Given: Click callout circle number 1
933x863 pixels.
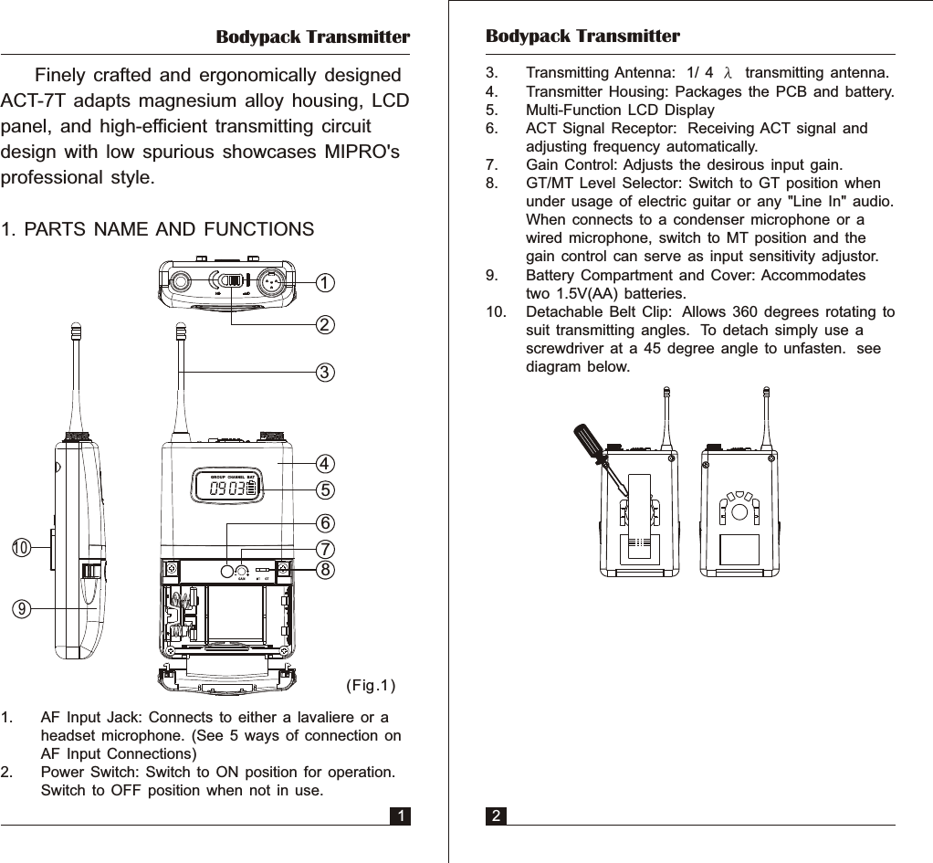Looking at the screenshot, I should (324, 283).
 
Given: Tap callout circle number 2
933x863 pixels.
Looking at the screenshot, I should (324, 324).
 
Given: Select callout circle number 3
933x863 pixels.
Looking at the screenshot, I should (324, 373).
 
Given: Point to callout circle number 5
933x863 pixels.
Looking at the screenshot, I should (324, 489).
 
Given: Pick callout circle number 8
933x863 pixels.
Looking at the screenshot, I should (324, 569).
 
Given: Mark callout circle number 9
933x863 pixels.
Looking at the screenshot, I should (20, 606).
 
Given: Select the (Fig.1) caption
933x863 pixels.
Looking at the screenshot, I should (370, 685).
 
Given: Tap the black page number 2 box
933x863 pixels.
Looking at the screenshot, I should (496, 816).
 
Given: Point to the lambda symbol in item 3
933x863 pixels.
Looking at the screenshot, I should (728, 73).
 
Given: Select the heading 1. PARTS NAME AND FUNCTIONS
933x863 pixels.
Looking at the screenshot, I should (158, 229).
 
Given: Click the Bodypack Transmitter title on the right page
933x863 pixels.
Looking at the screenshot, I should (582, 37).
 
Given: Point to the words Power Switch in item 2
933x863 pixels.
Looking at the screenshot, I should (87, 773).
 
